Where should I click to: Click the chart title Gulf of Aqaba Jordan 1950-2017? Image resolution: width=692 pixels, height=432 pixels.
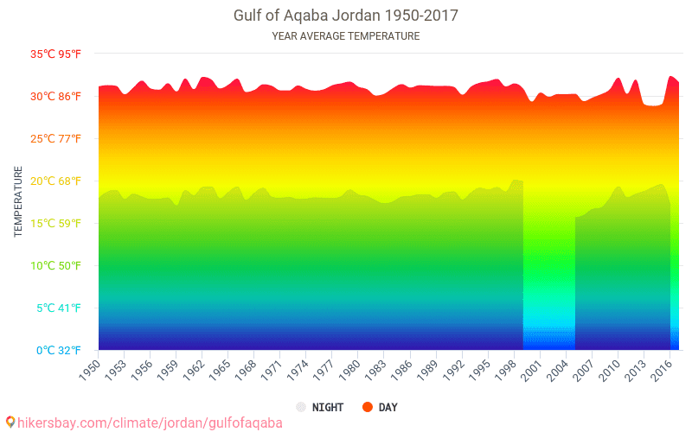click(346, 16)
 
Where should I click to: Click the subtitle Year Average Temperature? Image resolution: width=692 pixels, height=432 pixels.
click(346, 36)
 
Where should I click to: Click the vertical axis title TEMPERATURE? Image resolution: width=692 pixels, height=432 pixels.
click(18, 202)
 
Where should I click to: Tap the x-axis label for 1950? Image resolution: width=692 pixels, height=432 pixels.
click(89, 370)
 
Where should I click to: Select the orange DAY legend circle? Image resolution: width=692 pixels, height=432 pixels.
click(367, 407)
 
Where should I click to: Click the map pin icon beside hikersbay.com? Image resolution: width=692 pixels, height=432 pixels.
click(10, 422)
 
